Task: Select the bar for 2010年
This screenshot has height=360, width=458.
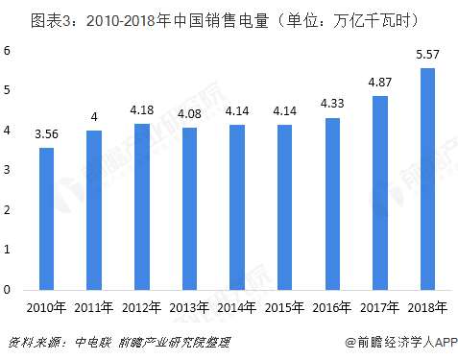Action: pyautogui.click(x=46, y=218)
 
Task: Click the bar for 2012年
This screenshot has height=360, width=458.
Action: pyautogui.click(x=141, y=205)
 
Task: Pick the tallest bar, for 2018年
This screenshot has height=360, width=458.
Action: pyautogui.click(x=427, y=178)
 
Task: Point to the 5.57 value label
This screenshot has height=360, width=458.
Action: pyautogui.click(x=427, y=57)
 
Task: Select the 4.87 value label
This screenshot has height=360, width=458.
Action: pyautogui.click(x=380, y=84)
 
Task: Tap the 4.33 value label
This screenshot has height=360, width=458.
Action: pyautogui.click(x=332, y=107)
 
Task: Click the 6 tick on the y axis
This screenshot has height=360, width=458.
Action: pyautogui.click(x=8, y=50)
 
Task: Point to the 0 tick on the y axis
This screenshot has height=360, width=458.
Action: pyautogui.click(x=8, y=289)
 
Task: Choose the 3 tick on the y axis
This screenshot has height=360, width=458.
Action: pyautogui.click(x=8, y=169)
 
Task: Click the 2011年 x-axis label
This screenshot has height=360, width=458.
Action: pyautogui.click(x=94, y=308)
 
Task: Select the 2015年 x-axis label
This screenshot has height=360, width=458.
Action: pyautogui.click(x=284, y=308)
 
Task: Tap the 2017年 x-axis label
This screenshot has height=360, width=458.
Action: pyautogui.click(x=380, y=308)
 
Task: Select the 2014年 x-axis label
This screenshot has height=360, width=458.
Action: pyautogui.click(x=237, y=308)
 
